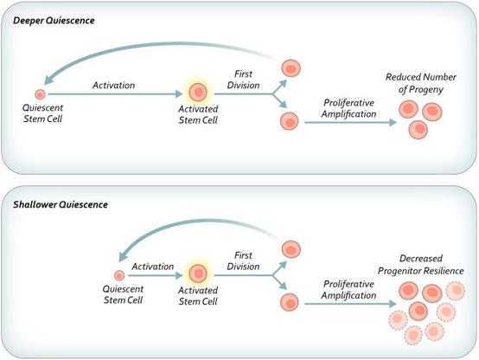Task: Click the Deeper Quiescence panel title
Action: coord(54,21)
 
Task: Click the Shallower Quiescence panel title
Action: coord(61,204)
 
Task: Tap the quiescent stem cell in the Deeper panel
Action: coord(40,94)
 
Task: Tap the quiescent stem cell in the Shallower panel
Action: coord(119,275)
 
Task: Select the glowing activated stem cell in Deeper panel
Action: coord(198,92)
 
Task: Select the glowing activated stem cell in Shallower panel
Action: coord(198,273)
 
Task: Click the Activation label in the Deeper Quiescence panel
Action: coord(113,86)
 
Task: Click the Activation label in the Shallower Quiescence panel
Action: coord(153,267)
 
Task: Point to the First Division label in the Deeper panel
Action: coord(244,80)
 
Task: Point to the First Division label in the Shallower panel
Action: coord(244,260)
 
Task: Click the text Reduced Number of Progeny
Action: coord(421,83)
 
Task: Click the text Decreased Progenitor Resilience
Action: coord(421,265)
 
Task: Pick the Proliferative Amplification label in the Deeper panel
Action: coord(348,108)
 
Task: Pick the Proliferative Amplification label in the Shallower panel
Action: coord(348,290)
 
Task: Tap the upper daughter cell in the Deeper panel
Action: coord(291,68)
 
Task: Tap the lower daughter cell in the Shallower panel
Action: coord(290,302)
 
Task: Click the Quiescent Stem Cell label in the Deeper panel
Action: coord(42,113)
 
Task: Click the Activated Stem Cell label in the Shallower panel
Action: coord(198,296)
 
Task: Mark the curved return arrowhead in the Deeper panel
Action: coord(48,80)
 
